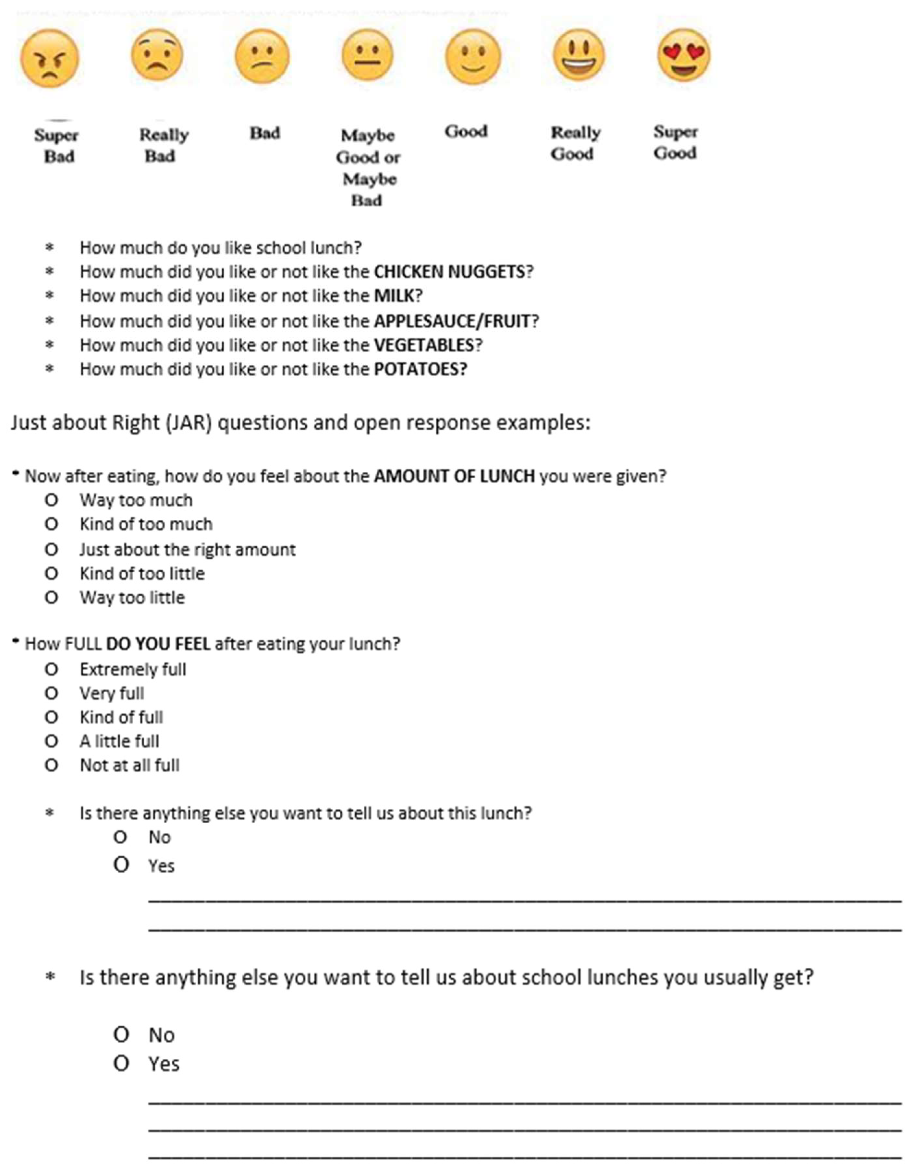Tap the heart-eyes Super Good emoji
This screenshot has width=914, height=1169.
(x=684, y=55)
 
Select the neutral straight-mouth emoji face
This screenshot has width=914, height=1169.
(x=367, y=55)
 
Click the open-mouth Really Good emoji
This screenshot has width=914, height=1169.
(x=579, y=55)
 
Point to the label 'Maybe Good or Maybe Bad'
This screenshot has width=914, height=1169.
(x=368, y=168)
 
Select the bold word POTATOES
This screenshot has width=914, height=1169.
(x=420, y=369)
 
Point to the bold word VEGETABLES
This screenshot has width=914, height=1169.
(x=423, y=345)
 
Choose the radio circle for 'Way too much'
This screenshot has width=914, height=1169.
(x=51, y=500)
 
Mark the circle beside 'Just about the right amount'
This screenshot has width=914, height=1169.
(x=51, y=550)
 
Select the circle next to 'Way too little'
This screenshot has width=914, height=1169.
(x=51, y=598)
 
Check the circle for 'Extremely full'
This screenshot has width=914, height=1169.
(x=51, y=670)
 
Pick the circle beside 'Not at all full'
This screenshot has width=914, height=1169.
(x=51, y=765)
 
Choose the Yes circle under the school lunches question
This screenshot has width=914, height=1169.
(x=121, y=1064)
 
